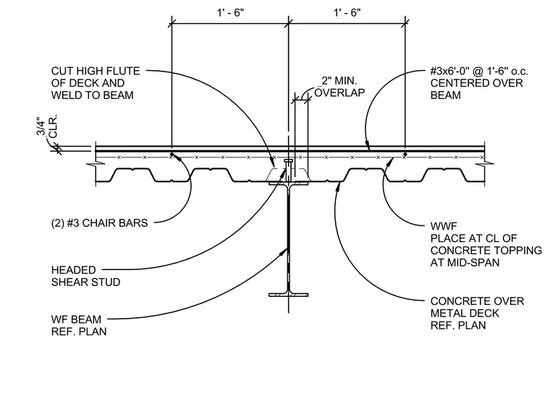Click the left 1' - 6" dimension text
tap(230, 12)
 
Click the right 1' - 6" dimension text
tap(347, 12)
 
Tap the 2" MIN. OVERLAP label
tap(339, 87)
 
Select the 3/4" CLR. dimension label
tap(46, 127)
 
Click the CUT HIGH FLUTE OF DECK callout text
tap(96, 83)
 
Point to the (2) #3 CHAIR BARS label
tap(99, 223)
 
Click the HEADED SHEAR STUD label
tap(85, 276)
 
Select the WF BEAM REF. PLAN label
tap(79, 325)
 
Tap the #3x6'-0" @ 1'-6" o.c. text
tap(479, 72)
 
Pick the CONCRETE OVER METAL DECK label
tap(477, 313)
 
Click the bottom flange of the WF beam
tap(289, 295)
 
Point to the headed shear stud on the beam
tap(288, 170)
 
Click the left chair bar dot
tap(172, 154)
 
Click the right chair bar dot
tap(405, 154)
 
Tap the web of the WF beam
tap(289, 239)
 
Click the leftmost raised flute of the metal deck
tap(132, 175)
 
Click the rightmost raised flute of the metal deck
tap(446, 175)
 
